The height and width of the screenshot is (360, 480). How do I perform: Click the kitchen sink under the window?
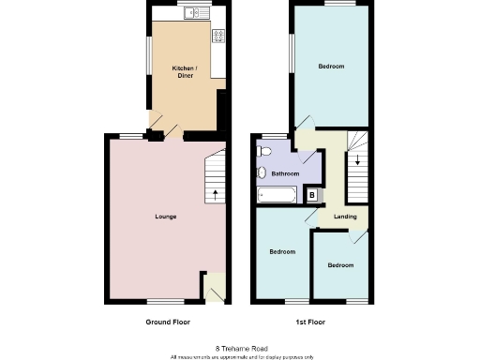coord(194,13)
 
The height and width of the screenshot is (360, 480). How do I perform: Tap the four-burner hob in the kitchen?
coord(218,37)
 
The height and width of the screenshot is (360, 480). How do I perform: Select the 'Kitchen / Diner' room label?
coord(184,71)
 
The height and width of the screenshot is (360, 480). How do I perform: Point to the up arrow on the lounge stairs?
coord(217,195)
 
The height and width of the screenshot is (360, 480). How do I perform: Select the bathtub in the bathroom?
coord(277,195)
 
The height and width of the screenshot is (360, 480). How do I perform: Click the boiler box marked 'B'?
coord(312,194)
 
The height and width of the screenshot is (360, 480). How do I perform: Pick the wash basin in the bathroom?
coord(262,172)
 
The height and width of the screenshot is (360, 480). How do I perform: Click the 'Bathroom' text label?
coord(285,173)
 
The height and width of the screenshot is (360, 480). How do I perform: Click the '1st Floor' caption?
coord(310,322)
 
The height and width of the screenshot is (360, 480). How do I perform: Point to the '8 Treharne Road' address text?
coord(240,347)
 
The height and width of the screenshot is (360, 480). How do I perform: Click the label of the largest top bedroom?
coord(330,67)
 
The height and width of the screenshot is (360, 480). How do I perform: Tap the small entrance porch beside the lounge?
coord(215,286)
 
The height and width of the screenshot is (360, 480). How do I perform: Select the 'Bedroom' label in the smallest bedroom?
coord(340,265)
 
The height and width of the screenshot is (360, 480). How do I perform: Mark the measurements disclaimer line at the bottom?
coord(240,356)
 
